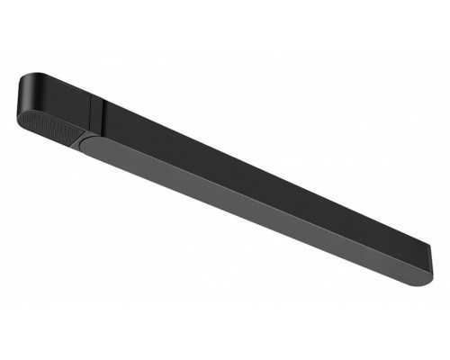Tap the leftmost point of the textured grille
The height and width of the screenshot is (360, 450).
20,113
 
